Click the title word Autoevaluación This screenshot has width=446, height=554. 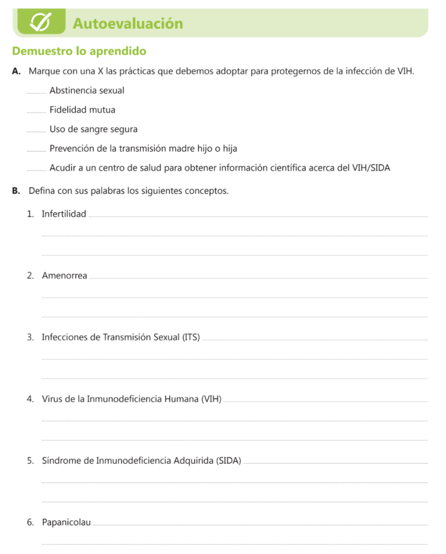click(x=127, y=24)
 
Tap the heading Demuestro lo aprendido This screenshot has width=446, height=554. click(x=79, y=52)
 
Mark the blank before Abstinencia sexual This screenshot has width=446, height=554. click(x=37, y=91)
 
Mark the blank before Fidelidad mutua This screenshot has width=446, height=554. click(x=37, y=110)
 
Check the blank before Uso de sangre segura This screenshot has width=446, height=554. click(x=37, y=130)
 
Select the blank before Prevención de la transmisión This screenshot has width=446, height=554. click(x=37, y=149)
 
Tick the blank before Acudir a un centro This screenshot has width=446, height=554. click(x=37, y=169)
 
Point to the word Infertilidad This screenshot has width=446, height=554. click(x=64, y=214)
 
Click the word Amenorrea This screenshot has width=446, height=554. click(x=64, y=276)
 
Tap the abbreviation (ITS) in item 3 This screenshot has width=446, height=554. click(x=191, y=338)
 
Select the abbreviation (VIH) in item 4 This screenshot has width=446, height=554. click(x=211, y=399)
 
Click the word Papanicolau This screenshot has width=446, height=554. click(x=66, y=523)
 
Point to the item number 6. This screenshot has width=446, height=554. click(x=30, y=523)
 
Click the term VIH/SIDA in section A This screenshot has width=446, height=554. click(x=370, y=168)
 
